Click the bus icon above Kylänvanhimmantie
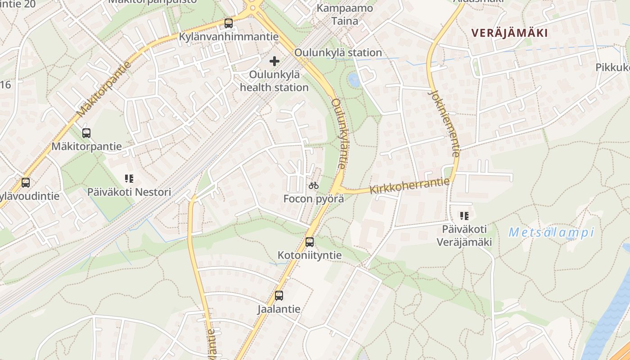click(229, 23)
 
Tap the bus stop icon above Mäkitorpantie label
click(86, 133)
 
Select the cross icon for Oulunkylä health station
click(274, 61)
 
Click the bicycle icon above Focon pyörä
click(314, 185)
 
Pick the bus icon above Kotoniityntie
click(310, 242)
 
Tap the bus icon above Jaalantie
click(279, 296)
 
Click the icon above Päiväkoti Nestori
click(129, 179)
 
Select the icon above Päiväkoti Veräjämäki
click(464, 216)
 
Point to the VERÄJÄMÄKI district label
click(509, 33)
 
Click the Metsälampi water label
click(551, 233)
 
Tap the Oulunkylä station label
click(338, 53)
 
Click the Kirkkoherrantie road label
click(409, 185)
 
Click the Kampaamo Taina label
click(345, 14)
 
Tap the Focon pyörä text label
click(314, 198)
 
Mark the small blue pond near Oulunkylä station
click(354, 80)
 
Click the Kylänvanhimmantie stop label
click(229, 37)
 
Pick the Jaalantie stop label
click(279, 309)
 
